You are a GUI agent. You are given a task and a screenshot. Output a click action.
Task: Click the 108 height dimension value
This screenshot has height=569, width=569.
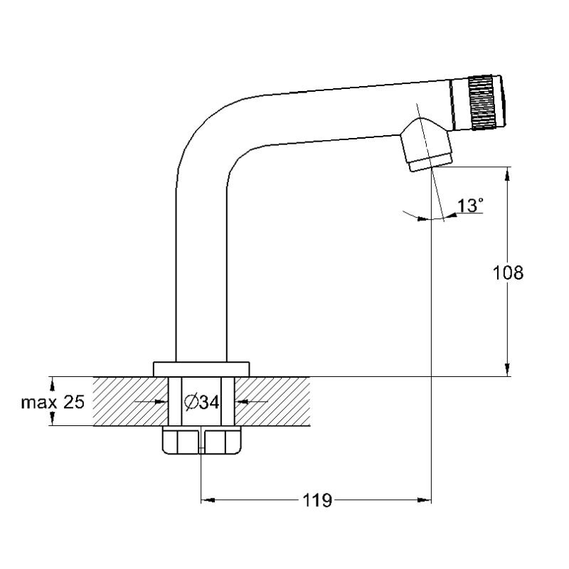tap(508, 272)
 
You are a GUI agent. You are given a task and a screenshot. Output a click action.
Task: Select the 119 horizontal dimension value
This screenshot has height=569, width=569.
tap(317, 501)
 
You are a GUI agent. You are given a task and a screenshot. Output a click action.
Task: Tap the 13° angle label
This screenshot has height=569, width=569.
tap(471, 206)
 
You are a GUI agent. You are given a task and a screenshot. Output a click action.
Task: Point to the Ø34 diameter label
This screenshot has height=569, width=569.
tap(202, 402)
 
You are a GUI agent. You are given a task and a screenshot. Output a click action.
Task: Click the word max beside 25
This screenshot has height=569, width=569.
tap(39, 403)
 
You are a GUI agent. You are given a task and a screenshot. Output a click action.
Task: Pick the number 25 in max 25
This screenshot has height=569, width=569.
tap(74, 402)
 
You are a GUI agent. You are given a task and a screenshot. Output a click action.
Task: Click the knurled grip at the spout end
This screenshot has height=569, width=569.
tap(482, 102)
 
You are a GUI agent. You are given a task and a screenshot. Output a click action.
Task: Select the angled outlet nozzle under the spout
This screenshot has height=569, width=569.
tap(427, 144)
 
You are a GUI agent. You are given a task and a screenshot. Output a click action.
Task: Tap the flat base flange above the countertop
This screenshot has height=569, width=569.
tap(201, 369)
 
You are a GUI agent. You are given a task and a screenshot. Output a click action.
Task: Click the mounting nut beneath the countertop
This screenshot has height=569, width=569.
tap(201, 440)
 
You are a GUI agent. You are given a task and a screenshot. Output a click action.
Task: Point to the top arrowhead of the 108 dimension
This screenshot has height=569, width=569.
tap(507, 174)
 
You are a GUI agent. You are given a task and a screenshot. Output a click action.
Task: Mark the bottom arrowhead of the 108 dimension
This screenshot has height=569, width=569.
tap(507, 370)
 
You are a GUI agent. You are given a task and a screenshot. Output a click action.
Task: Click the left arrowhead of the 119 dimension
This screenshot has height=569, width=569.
tap(208, 500)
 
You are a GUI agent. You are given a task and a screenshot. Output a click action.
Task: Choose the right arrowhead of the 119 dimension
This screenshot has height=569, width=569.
tap(424, 500)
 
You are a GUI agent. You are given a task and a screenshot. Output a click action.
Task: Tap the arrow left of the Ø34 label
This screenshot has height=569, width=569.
tap(151, 401)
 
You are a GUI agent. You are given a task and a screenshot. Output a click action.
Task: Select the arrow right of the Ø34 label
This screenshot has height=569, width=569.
tap(252, 401)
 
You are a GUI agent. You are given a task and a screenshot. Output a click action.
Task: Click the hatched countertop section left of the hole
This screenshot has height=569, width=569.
tap(131, 401)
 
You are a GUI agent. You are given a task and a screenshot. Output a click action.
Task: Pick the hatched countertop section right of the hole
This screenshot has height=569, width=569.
tap(272, 401)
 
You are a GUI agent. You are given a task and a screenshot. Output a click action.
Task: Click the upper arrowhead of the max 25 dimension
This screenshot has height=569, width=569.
tap(53, 384)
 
